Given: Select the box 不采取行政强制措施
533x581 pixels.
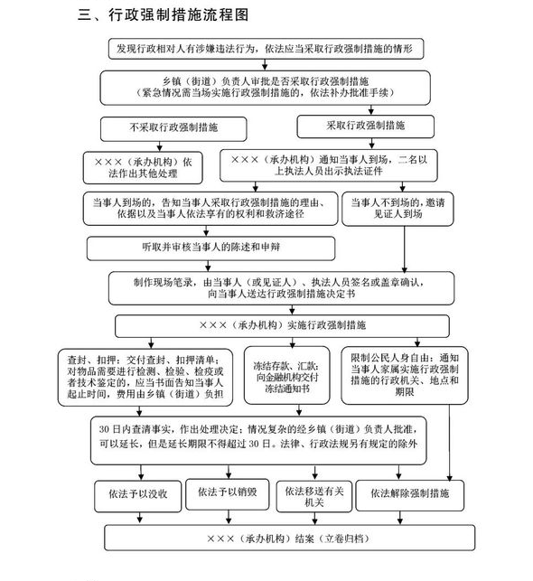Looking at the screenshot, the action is point(173,129).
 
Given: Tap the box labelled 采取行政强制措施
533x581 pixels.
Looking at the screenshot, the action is point(365,127).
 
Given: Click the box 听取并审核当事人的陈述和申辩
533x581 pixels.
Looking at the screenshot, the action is point(210,248).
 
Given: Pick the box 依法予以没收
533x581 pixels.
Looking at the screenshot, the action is point(138,496).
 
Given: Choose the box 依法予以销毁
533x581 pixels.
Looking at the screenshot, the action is point(227,494).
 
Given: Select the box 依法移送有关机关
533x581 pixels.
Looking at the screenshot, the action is point(314,497).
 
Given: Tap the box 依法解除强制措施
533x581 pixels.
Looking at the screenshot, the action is point(409,495).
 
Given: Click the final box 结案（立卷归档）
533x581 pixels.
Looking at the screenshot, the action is point(289,538).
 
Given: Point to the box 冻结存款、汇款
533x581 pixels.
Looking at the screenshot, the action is point(286,375).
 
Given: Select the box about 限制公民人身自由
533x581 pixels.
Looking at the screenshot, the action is point(405,375).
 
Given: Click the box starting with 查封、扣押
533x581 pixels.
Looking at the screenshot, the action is point(145,377).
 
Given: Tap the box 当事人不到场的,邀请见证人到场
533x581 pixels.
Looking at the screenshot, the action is point(397,209).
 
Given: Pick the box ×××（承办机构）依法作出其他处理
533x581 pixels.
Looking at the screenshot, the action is point(143,168).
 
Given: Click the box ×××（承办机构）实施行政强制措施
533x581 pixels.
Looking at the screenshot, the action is point(282,326).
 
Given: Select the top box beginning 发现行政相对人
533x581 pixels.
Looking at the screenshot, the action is point(266,49).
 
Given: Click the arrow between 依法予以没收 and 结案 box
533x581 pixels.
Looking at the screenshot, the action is point(140,519).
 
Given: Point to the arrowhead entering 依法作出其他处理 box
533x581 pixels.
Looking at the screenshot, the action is point(160,148).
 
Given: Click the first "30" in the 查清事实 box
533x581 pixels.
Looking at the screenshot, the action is point(104,429).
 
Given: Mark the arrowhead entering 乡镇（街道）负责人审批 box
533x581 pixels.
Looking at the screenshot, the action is point(265,67).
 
